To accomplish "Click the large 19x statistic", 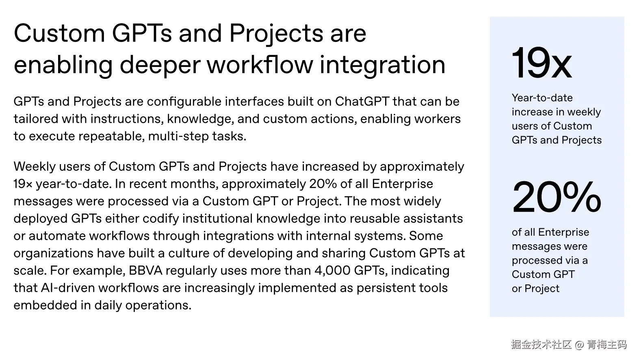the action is tap(542, 63).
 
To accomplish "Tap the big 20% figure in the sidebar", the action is tap(557, 197).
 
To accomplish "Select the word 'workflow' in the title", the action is tap(260, 65).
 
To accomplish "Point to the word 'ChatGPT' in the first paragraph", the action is tap(362, 102).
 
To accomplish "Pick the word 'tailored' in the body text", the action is tap(36, 119).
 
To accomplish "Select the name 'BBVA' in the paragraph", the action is tap(145, 271).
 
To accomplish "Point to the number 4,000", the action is tap(332, 271).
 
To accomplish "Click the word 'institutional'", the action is tap(217, 219).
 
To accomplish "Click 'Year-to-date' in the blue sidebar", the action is tap(542, 98).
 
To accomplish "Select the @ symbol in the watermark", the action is tap(579, 345).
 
